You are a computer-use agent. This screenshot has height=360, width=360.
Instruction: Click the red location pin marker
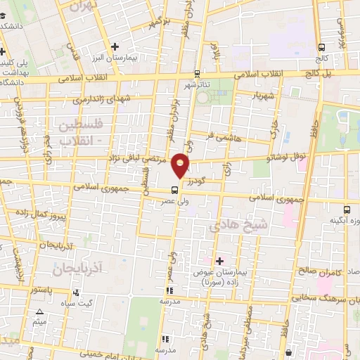pos(182,166)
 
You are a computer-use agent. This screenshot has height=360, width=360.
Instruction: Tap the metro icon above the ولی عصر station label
pos(174,189)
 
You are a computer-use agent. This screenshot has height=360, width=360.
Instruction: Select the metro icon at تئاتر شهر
pos(198,73)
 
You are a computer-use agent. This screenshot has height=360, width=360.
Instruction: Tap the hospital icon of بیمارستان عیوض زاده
pos(220,260)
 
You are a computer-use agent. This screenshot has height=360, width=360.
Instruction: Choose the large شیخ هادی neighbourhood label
pos(239,226)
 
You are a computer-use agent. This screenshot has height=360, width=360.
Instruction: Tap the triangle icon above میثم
pos(39,311)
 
